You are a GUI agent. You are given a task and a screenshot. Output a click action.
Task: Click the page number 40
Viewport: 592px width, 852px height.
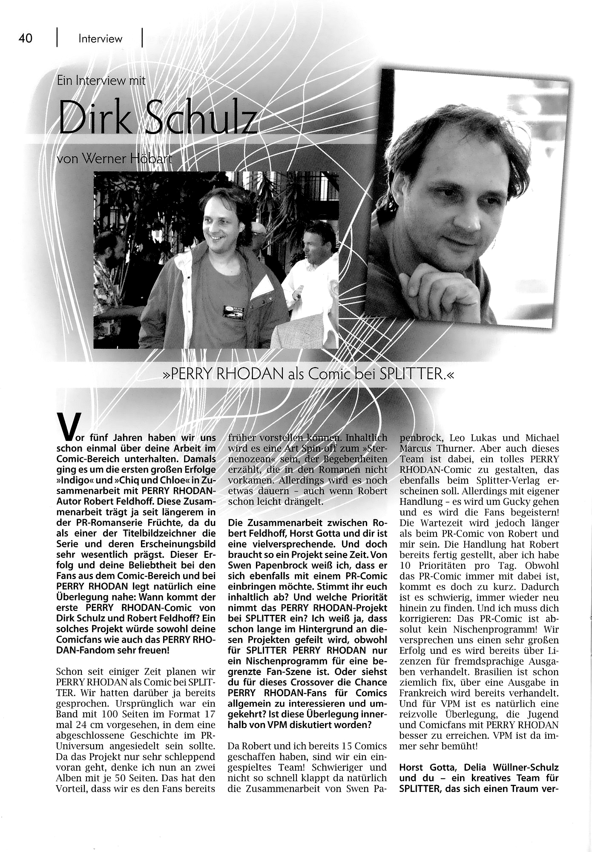26,38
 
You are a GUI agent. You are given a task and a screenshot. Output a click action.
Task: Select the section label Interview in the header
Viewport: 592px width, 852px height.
100,39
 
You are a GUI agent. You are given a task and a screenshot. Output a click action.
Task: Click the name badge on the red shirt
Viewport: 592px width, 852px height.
235,311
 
